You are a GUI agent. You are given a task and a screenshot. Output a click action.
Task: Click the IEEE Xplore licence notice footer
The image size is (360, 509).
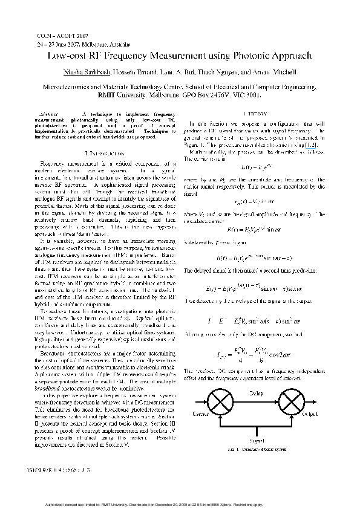(180, 504)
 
